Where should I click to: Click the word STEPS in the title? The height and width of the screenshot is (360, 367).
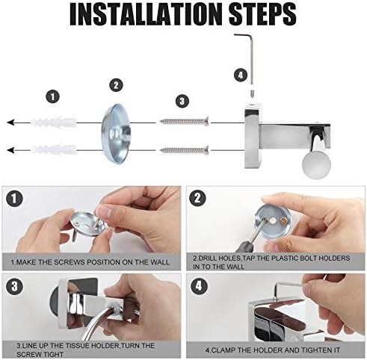(264, 13)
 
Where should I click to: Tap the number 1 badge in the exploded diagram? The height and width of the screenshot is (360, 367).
(53, 96)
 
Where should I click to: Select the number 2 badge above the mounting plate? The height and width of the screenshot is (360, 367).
(116, 85)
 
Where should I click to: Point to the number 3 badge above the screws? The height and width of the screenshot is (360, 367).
(182, 101)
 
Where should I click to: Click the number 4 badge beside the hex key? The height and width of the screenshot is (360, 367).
(241, 75)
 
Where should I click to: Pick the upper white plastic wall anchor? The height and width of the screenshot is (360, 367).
(53, 122)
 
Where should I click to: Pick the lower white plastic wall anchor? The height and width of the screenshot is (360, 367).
(53, 150)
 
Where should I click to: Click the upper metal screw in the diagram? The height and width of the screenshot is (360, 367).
(185, 121)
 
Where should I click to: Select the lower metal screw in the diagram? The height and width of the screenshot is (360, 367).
(185, 150)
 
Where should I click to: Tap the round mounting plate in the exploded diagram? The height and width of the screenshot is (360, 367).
(116, 134)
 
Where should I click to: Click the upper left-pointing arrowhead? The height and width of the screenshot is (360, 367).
(10, 122)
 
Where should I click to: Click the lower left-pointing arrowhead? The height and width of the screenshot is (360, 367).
(10, 150)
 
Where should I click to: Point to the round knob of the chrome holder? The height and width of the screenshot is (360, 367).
(316, 164)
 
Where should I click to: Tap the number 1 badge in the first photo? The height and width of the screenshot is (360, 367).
(14, 199)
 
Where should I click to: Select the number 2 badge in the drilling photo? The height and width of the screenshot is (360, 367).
(197, 199)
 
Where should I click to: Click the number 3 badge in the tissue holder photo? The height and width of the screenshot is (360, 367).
(14, 286)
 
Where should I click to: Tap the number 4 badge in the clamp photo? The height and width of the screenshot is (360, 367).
(199, 286)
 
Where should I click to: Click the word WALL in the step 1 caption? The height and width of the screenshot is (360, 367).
(159, 262)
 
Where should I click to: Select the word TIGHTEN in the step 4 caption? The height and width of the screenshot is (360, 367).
(309, 350)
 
